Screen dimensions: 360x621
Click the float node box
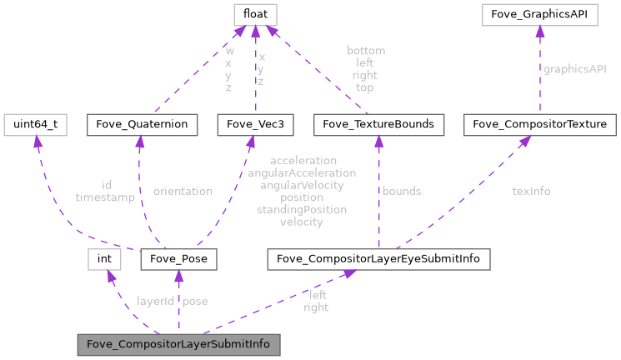pos(255,14)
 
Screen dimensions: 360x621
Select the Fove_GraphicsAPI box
pos(538,14)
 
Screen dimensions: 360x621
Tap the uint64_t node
pos(34,124)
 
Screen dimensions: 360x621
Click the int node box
pos(105,259)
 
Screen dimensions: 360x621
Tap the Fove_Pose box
pos(179,259)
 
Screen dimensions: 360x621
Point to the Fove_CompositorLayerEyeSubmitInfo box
pos(378,259)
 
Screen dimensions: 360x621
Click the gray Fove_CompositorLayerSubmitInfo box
pos(178,343)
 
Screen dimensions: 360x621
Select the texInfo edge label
pos(531,191)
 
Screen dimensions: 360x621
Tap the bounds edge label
pos(402,191)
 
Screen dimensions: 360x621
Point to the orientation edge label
pos(183,191)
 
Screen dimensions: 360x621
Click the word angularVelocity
pos(302,185)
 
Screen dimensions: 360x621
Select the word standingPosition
pos(302,210)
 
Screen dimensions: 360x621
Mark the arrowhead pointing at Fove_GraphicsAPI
pos(538,30)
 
